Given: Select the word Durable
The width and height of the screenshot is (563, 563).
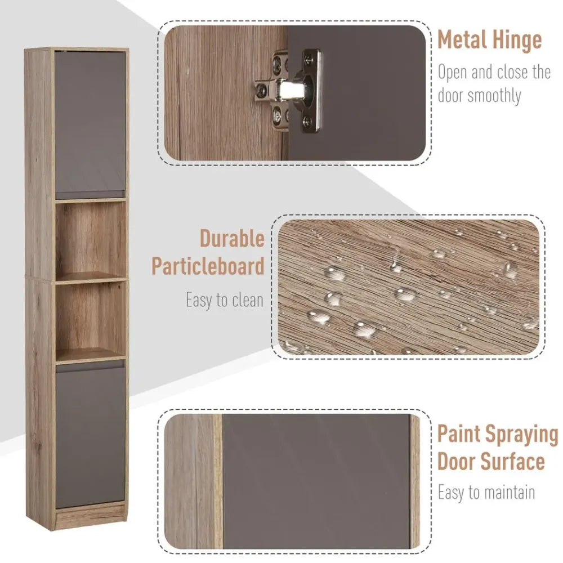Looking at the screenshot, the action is [232, 238].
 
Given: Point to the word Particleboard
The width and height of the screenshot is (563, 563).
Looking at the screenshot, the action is [208, 266].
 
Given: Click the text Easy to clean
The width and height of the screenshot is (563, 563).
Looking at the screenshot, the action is [225, 300].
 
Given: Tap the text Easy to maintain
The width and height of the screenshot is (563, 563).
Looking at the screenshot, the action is [486, 492].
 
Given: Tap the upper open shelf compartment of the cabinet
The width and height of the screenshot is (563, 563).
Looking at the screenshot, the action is [91, 239].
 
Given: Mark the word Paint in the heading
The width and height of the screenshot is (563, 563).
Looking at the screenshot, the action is [459, 434].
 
